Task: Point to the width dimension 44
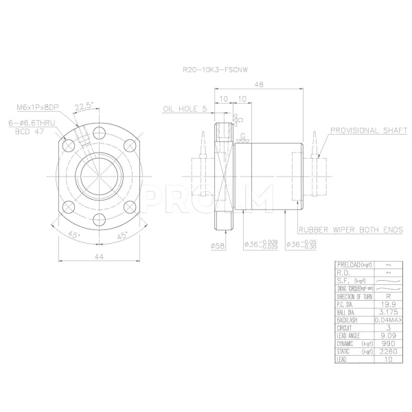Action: coord(99,256)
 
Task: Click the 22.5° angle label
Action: coord(83,106)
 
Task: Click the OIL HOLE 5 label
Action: coord(185,109)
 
